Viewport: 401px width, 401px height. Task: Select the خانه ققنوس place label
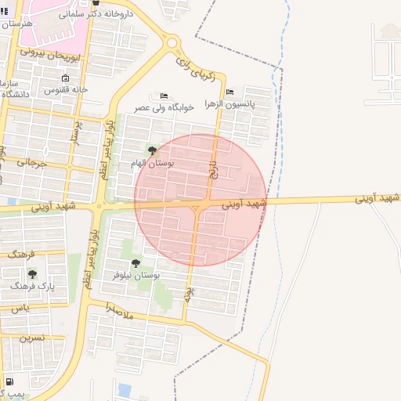[66, 90]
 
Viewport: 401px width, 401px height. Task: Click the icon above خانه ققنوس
[65, 78]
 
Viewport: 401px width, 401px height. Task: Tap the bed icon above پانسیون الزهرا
[229, 92]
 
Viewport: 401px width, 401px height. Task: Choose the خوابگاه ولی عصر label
[164, 107]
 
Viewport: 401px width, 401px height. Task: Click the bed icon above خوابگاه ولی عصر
[163, 95]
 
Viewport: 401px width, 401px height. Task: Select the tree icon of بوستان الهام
[152, 150]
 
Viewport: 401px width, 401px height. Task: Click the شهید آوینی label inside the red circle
[244, 204]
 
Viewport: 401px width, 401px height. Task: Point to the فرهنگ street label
[23, 254]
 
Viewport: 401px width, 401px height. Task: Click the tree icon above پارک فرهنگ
[32, 273]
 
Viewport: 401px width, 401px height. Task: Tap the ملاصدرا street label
[121, 310]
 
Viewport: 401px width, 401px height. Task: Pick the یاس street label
[20, 308]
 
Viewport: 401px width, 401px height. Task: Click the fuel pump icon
[9, 382]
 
